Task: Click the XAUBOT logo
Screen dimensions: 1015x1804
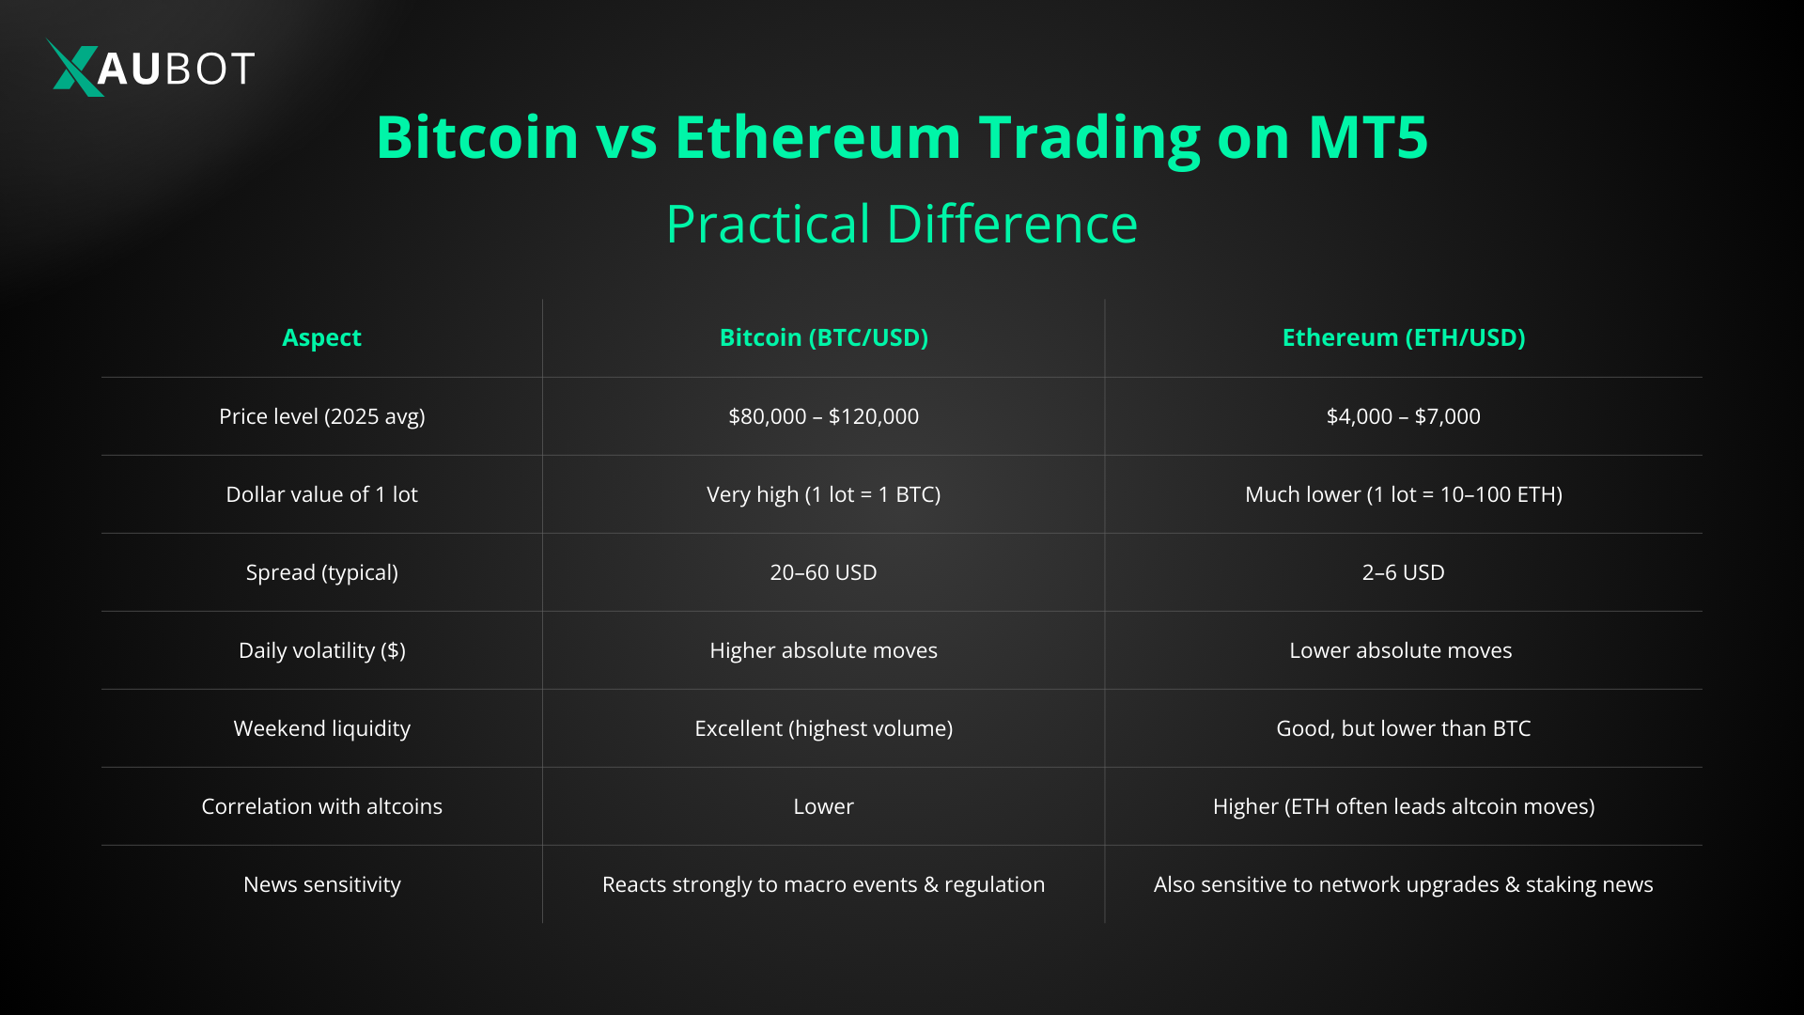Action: (x=150, y=68)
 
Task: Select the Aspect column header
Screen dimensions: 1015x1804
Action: (x=321, y=337)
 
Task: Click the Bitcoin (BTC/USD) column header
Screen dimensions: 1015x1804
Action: (x=823, y=337)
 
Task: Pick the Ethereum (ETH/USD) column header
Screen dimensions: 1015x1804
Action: (x=1403, y=337)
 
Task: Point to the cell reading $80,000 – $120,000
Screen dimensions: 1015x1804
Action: (x=823, y=416)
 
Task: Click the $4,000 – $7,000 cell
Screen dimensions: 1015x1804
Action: (x=1403, y=416)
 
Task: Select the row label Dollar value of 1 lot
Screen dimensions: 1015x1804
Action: (x=321, y=494)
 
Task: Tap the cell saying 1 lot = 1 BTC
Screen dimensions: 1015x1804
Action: (x=823, y=494)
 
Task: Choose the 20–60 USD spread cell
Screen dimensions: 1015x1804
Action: (x=823, y=572)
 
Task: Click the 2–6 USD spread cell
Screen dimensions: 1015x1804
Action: (x=1403, y=572)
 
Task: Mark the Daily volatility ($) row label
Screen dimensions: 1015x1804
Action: (x=321, y=650)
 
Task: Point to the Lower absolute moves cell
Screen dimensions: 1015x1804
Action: (x=1400, y=650)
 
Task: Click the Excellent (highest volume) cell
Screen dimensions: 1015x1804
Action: (x=823, y=728)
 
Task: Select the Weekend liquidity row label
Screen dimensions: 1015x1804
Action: (x=321, y=728)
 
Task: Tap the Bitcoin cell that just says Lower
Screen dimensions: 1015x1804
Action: (x=823, y=806)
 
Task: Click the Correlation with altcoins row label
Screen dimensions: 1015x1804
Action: (x=321, y=806)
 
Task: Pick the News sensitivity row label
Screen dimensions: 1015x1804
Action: (x=321, y=884)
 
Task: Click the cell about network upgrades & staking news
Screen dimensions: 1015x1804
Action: (x=1403, y=884)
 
